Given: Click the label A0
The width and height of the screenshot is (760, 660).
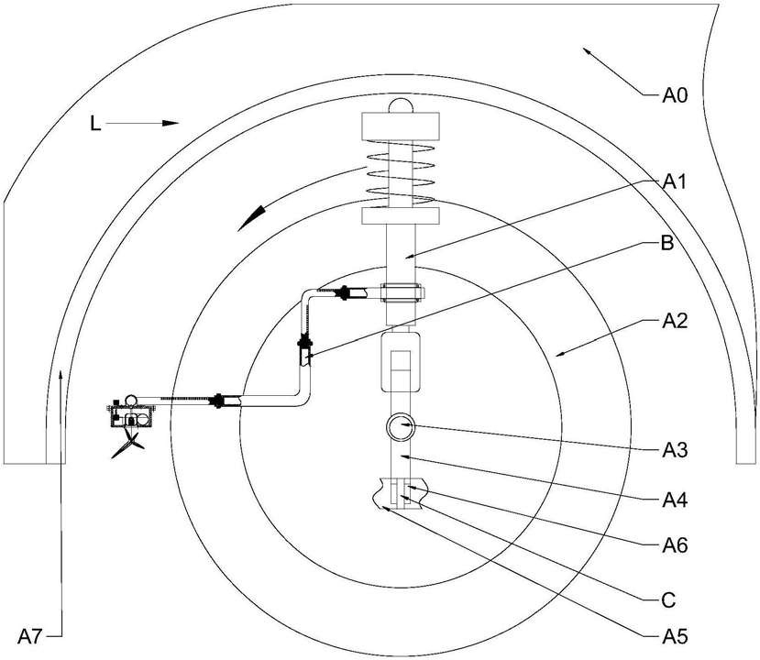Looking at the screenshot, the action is tap(675, 96).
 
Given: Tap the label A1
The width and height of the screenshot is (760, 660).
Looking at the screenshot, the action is tap(675, 182).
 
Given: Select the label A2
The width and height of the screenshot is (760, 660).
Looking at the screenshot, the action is tap(675, 321).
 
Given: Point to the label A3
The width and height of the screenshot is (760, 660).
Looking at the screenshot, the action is tap(675, 450).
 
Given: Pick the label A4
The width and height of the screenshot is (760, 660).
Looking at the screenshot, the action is tap(675, 500).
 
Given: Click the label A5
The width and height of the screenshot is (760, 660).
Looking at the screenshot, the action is tap(675, 636).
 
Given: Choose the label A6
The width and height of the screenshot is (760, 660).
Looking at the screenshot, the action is tap(675, 546).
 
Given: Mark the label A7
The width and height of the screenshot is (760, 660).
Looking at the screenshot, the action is tap(30, 637).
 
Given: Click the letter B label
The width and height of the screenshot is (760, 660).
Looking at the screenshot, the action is tap(667, 243).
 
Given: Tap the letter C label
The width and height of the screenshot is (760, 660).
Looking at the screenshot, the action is tap(668, 601).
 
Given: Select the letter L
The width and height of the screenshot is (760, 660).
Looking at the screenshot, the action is tap(95, 124).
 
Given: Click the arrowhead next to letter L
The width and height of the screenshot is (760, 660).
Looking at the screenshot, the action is tap(171, 123).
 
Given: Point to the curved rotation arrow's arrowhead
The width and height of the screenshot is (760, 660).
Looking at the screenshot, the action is tap(250, 218).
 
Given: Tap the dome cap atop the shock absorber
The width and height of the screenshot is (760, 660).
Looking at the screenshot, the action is tap(401, 105).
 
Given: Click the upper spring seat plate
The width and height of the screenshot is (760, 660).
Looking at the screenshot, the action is tap(401, 126).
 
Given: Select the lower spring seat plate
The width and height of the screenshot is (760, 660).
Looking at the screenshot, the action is tap(401, 216).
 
